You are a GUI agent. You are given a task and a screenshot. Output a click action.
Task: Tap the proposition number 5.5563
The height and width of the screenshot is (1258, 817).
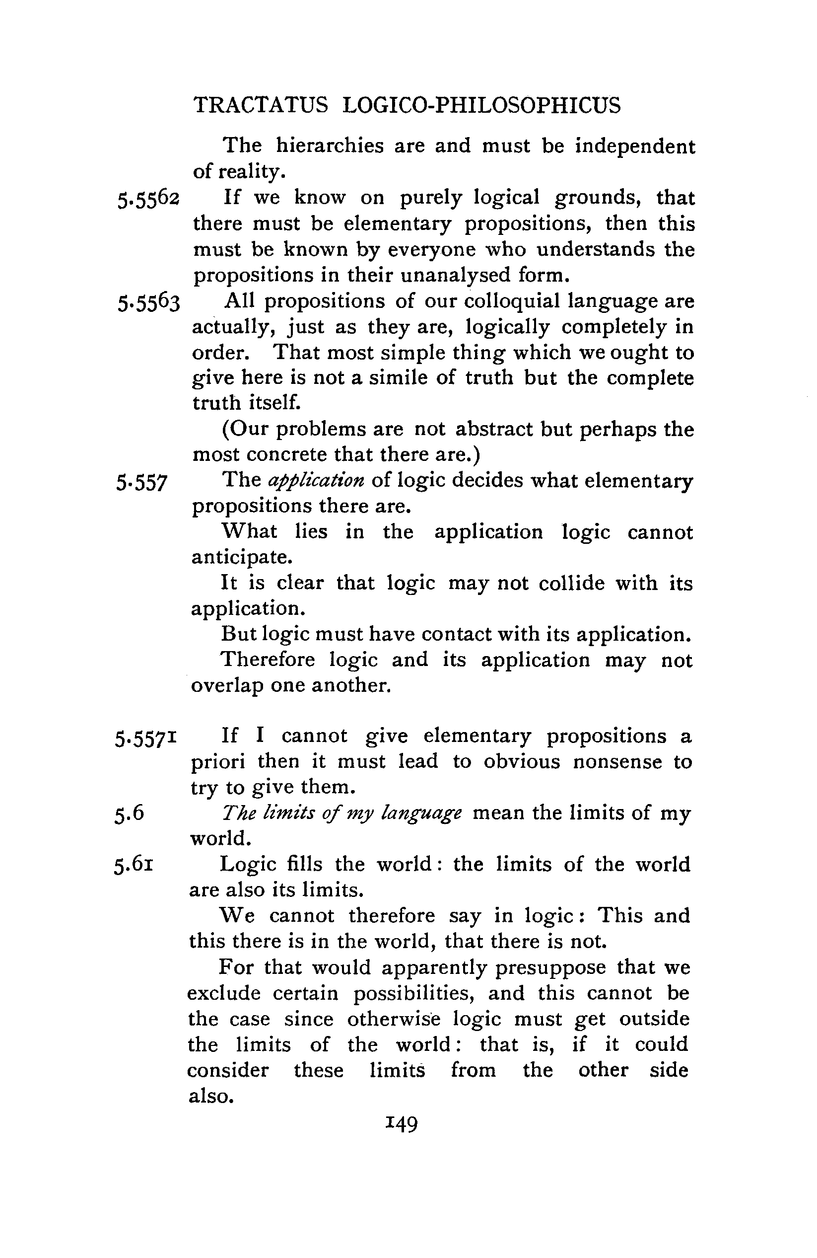tap(149, 303)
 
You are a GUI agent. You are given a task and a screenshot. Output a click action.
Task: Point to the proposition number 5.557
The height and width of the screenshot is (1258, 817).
tap(141, 483)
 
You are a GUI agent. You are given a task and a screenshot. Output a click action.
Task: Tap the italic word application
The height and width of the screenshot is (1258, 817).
tap(316, 481)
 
